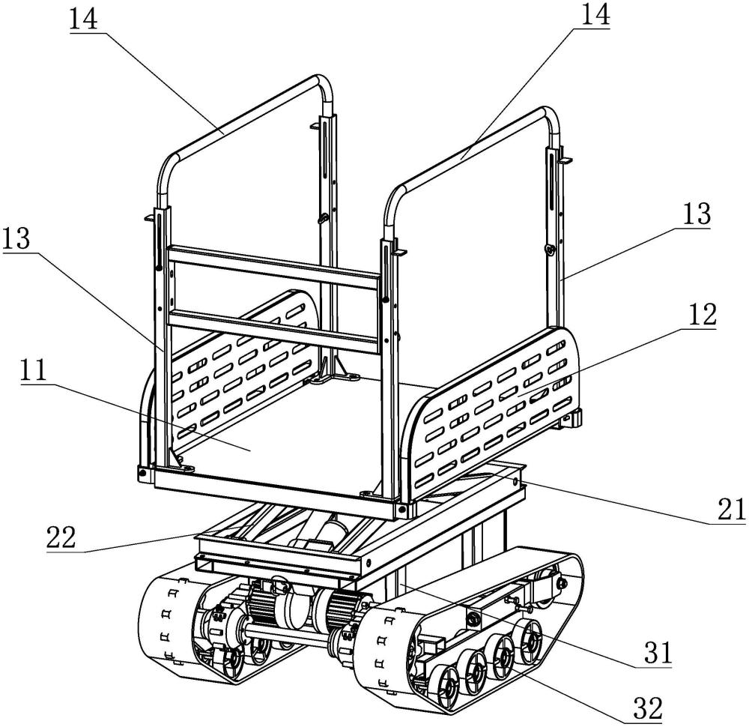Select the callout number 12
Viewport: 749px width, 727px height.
coord(700,315)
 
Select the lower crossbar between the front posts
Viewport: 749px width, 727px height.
coord(273,328)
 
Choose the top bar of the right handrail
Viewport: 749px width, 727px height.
coord(472,150)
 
